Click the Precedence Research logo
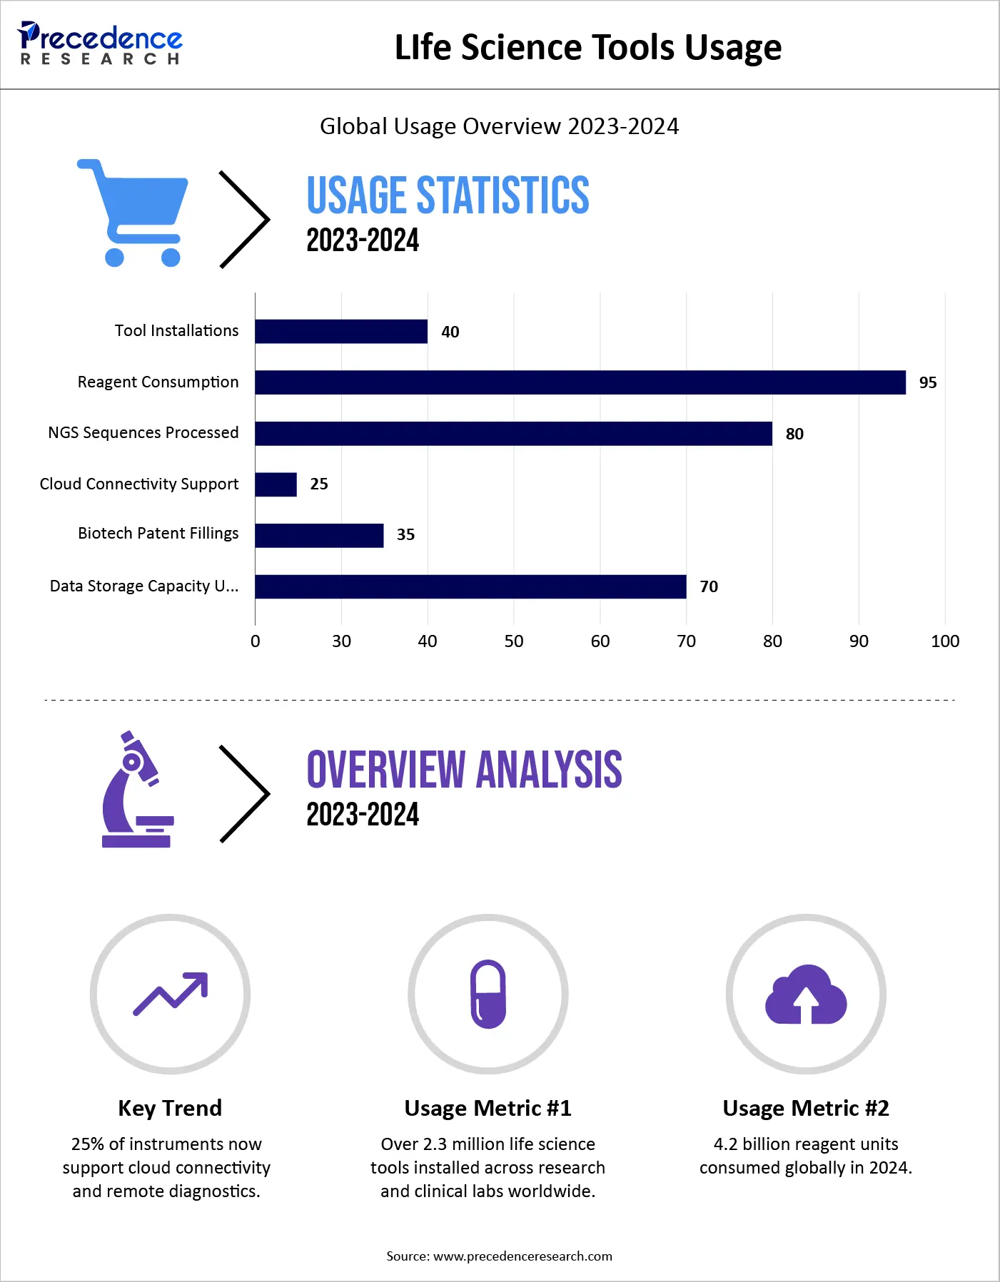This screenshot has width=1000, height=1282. click(x=100, y=44)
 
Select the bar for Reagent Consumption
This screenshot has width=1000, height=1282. click(x=580, y=382)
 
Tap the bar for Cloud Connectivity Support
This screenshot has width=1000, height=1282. click(x=276, y=484)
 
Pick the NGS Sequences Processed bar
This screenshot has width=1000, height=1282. click(x=513, y=434)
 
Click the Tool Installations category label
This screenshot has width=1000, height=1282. click(x=176, y=331)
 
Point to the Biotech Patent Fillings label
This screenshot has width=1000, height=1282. click(x=158, y=534)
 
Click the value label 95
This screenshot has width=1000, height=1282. click(x=927, y=383)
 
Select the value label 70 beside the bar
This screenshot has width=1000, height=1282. click(x=708, y=586)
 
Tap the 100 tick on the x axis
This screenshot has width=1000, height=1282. click(x=944, y=641)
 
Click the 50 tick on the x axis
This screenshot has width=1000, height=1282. click(x=513, y=641)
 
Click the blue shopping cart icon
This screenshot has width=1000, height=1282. click(x=133, y=213)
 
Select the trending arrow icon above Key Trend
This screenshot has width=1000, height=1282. click(x=171, y=994)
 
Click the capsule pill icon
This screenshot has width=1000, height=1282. click(x=488, y=994)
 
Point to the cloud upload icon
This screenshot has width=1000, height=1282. click(x=806, y=994)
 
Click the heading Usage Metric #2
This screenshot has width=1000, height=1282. click(x=806, y=1108)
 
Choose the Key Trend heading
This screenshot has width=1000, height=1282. click(x=170, y=1108)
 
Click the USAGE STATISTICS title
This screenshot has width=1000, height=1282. click(x=448, y=195)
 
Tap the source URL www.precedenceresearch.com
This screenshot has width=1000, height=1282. click(x=522, y=1256)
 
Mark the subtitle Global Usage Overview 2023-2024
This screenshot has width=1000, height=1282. click(x=499, y=126)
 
